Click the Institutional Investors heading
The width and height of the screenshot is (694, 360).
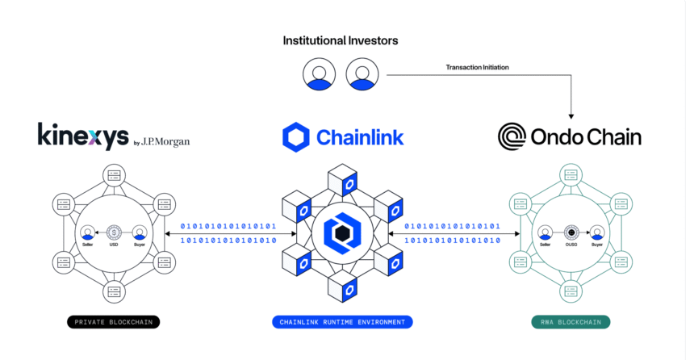340,40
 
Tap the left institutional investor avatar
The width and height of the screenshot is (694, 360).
319,74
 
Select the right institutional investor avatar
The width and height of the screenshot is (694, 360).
362,74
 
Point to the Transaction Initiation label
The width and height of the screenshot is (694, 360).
478,67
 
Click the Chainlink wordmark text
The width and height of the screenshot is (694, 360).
360,137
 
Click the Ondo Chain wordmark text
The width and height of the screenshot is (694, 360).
587,137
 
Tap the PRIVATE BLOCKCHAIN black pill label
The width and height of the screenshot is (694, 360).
113,322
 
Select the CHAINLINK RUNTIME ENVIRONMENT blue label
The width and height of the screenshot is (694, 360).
343,322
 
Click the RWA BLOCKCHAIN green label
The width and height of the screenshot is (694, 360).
571,322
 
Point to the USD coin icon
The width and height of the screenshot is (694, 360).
114,232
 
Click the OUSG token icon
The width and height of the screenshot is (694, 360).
571,232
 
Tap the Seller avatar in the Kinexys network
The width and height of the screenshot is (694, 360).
87,232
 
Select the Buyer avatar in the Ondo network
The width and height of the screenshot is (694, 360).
597,232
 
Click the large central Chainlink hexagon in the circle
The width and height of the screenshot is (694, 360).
343,232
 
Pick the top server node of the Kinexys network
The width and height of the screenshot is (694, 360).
114,175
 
